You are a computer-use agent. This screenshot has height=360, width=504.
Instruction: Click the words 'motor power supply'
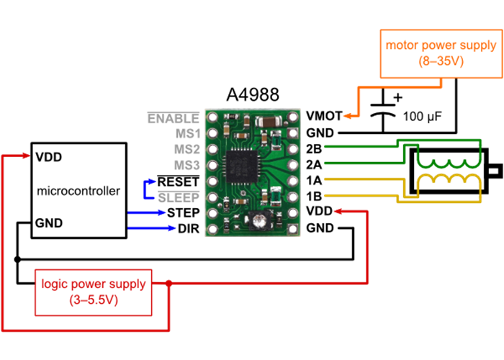441,45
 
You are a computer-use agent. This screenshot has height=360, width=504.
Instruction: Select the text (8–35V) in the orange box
441,62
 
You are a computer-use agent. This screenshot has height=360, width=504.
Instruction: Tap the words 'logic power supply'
94,284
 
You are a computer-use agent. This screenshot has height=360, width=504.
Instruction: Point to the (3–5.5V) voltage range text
94,300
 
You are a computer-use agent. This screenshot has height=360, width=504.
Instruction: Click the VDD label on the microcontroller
48,156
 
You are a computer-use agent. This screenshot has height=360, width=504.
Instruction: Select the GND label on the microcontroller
49,223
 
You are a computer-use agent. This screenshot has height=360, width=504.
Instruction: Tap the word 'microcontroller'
78,191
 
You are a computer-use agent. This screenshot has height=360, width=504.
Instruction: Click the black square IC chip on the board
242,168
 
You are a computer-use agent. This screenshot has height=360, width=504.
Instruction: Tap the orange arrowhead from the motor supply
346,115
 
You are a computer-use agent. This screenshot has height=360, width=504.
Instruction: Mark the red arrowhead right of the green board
338,212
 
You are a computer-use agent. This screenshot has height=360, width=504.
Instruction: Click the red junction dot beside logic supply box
169,283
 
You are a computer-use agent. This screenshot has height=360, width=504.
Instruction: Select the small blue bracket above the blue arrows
149,189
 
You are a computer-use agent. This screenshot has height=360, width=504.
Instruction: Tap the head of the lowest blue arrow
173,228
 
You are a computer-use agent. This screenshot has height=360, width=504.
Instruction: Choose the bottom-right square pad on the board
292,229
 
